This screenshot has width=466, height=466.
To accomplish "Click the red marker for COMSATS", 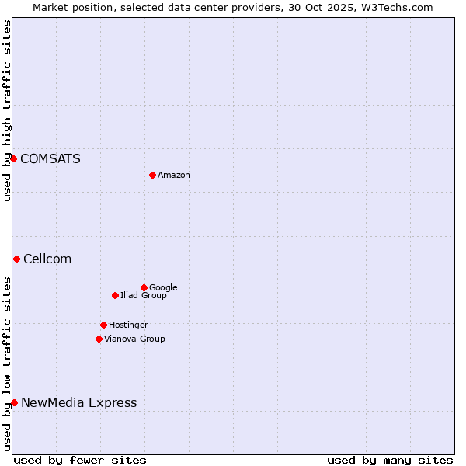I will point(14,158).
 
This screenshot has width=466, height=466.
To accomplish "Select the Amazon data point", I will point(152,175).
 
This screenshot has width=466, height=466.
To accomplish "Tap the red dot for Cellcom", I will point(16,259).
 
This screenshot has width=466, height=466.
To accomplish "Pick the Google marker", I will point(144,287).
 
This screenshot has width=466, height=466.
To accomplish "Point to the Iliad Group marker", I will point(115,295).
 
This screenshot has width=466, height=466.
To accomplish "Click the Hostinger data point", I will point(103,325).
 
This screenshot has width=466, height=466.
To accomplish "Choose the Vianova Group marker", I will point(99,339).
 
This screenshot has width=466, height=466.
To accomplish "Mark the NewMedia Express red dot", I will point(14,402).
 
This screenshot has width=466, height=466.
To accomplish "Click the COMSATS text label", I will point(50,159).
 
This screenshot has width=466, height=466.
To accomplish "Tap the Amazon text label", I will point(174,176).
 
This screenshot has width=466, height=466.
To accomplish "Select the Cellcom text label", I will point(47,259).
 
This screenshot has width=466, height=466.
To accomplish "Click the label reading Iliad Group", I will point(144,296).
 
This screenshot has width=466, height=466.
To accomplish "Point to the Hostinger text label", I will point(128,325).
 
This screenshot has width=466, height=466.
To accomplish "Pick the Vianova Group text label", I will point(134,339).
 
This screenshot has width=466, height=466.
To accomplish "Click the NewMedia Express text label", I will point(78,403).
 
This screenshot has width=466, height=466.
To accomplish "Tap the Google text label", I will point(163,288).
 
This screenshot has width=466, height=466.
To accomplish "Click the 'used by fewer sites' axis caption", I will point(80,460).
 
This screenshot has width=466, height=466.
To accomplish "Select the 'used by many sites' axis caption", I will point(390,460).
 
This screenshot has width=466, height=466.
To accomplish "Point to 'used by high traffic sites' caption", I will point(7,110).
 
